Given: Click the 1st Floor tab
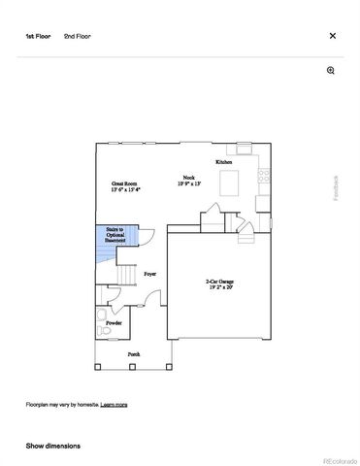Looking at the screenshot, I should pyautogui.click(x=37, y=36).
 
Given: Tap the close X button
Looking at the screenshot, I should pyautogui.click(x=333, y=36).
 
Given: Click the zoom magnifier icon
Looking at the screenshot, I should pyautogui.click(x=331, y=71).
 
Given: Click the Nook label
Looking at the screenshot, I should pyautogui.click(x=185, y=180).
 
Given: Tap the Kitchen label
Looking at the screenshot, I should pyautogui.click(x=223, y=161).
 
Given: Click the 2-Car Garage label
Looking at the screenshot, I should pyautogui.click(x=219, y=284).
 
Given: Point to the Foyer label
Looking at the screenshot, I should pyautogui.click(x=149, y=275).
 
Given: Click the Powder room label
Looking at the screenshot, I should pyautogui.click(x=114, y=322).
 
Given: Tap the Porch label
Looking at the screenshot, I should pyautogui.click(x=134, y=354).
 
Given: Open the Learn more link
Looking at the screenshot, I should pyautogui.click(x=115, y=404).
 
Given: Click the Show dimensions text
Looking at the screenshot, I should pyautogui.click(x=53, y=446).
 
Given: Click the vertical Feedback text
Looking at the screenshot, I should pyautogui.click(x=337, y=186).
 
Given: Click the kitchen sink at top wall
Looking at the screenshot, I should pyautogui.click(x=244, y=150).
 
